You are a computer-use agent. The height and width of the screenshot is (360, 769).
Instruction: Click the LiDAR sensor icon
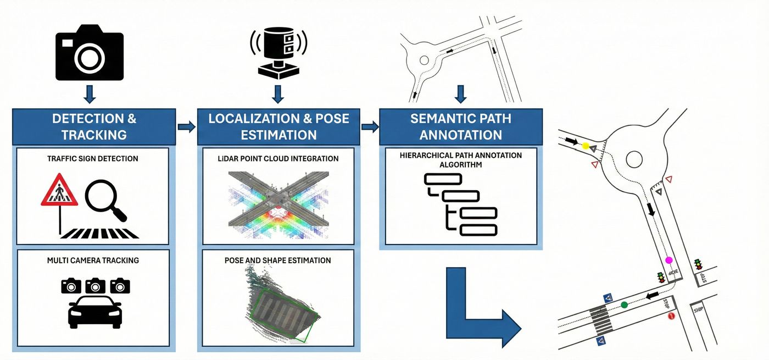pyautogui.click(x=278, y=52)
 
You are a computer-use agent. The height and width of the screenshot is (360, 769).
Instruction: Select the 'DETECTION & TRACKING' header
pyautogui.click(x=94, y=126)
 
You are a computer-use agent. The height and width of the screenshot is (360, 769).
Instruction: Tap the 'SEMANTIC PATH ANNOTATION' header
pyautogui.click(x=461, y=126)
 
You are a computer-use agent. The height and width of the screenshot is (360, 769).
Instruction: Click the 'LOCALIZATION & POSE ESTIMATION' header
pyautogui.click(x=278, y=126)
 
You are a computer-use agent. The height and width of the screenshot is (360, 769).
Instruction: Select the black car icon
pyautogui.click(x=94, y=312)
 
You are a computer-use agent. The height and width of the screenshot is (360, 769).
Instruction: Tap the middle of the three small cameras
pyautogui.click(x=95, y=285)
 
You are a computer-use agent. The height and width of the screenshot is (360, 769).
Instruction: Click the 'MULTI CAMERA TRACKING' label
pyautogui.click(x=92, y=260)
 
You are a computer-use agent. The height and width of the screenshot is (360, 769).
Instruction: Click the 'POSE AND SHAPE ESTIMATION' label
pyautogui.click(x=278, y=260)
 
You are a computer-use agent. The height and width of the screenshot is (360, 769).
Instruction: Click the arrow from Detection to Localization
pyautogui.click(x=186, y=127)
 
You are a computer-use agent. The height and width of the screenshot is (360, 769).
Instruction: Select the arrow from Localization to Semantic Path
pyautogui.click(x=370, y=127)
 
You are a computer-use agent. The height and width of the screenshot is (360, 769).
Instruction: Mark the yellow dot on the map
pyautogui.click(x=586, y=146)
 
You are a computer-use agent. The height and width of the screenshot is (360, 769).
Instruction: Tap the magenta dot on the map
pyautogui.click(x=668, y=260)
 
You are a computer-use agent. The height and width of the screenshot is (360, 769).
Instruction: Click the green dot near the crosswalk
pyautogui.click(x=624, y=304)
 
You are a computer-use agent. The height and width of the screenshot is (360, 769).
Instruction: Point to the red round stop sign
pyautogui.click(x=671, y=316)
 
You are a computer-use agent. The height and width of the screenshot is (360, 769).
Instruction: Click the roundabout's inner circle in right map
pyautogui.click(x=634, y=159)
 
